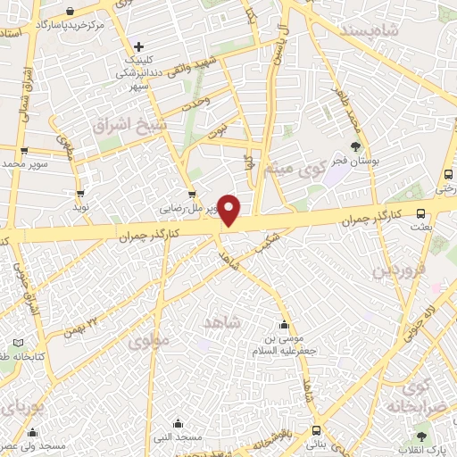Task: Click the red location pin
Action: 229,210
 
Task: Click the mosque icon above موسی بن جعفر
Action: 284,325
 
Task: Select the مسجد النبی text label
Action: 179,437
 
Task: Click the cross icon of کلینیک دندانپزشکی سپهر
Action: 137,46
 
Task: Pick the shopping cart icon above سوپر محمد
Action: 23,151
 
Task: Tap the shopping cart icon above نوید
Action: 81,192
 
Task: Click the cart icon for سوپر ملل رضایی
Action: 190,195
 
